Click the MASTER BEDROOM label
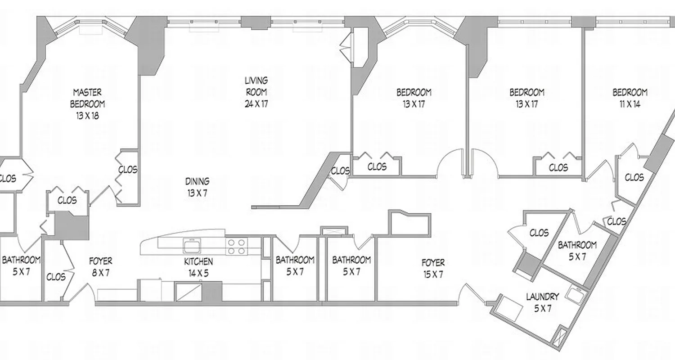click(87, 98)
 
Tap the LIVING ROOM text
click(256, 86)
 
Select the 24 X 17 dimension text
click(256, 104)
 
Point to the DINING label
click(197, 182)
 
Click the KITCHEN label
click(198, 261)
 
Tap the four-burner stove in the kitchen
click(237, 247)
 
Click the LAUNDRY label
click(542, 297)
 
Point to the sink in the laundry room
click(575, 295)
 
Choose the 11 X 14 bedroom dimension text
click(630, 104)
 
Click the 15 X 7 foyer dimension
click(433, 274)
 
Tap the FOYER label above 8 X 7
click(100, 261)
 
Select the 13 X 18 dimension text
click(87, 116)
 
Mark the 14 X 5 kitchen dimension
click(198, 273)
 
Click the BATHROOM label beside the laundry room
click(577, 245)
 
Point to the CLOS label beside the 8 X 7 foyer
click(56, 277)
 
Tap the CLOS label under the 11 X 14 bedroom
click(634, 177)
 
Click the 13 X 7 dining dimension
click(197, 193)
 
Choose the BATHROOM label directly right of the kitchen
click(295, 260)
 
